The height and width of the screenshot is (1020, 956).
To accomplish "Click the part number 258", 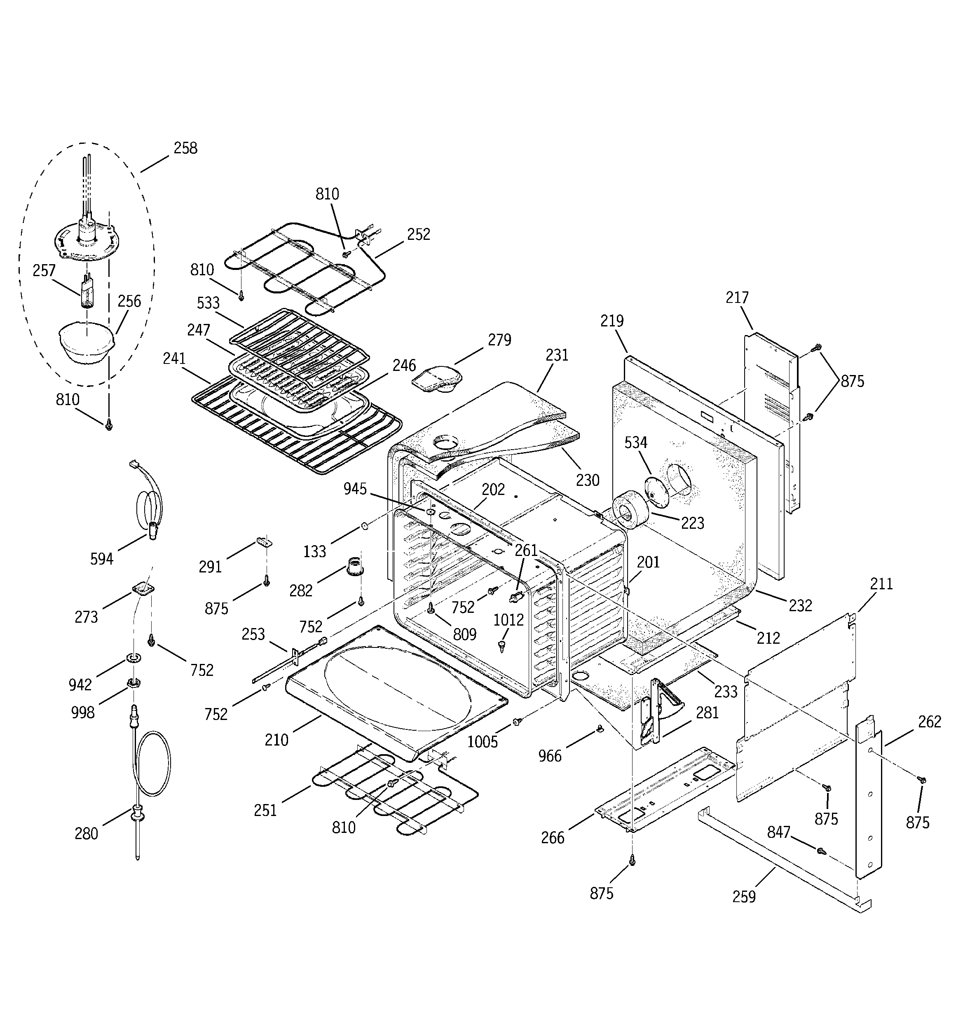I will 185,148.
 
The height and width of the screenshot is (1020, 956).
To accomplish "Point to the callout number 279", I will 499,340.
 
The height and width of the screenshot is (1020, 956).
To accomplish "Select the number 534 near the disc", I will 635,442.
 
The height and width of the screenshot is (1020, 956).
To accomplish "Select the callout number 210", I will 276,740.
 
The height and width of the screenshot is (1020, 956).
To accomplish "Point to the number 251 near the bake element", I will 265,811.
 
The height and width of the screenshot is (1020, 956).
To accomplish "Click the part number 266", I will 553,838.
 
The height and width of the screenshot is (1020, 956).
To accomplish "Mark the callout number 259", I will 744,897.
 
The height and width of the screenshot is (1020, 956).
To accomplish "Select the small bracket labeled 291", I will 264,542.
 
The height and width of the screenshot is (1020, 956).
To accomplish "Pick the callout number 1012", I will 508,620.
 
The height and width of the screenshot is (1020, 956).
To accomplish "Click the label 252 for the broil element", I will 419,234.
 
